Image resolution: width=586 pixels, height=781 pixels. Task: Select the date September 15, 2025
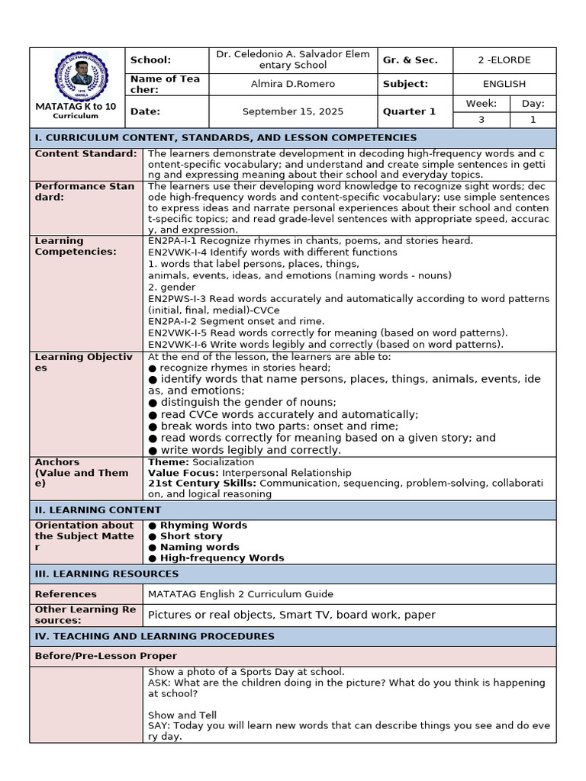tap(292, 111)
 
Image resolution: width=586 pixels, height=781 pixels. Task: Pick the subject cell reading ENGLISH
tap(504, 84)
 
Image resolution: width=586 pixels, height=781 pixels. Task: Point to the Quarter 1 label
tap(411, 111)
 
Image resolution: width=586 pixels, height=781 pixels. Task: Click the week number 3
tap(481, 120)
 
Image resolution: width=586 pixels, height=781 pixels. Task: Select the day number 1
tap(533, 120)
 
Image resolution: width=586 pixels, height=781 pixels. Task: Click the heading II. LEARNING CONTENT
tap(98, 510)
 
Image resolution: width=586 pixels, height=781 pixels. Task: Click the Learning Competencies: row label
tap(76, 246)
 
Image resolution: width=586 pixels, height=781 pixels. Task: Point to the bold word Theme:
tap(168, 462)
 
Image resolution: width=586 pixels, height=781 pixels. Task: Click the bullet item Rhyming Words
tap(203, 525)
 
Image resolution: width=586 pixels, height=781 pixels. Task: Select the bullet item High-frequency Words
tap(221, 558)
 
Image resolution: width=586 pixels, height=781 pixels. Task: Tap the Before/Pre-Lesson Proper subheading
tap(105, 656)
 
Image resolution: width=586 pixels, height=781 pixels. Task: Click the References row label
tap(66, 594)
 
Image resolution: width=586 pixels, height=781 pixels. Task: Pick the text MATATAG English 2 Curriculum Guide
tap(240, 594)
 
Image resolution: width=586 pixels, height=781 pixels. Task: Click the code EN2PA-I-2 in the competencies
tap(172, 322)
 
